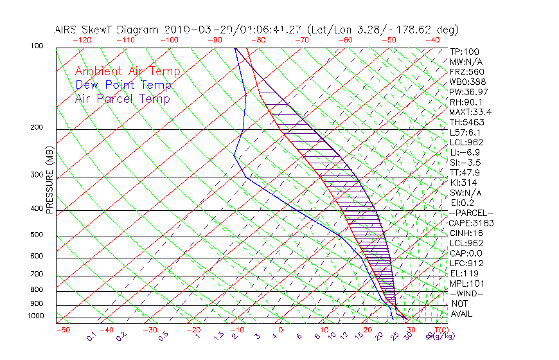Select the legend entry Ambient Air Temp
127,72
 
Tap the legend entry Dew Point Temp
123,85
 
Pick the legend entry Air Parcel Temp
122,99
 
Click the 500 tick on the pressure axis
36,235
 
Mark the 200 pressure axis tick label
36,128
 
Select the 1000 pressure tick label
34,316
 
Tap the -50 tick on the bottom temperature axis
62,330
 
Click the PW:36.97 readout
468,92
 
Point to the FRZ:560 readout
466,71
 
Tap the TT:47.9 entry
466,172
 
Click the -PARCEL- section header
471,213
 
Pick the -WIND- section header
466,293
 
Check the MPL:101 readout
466,283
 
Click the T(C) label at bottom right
443,330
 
